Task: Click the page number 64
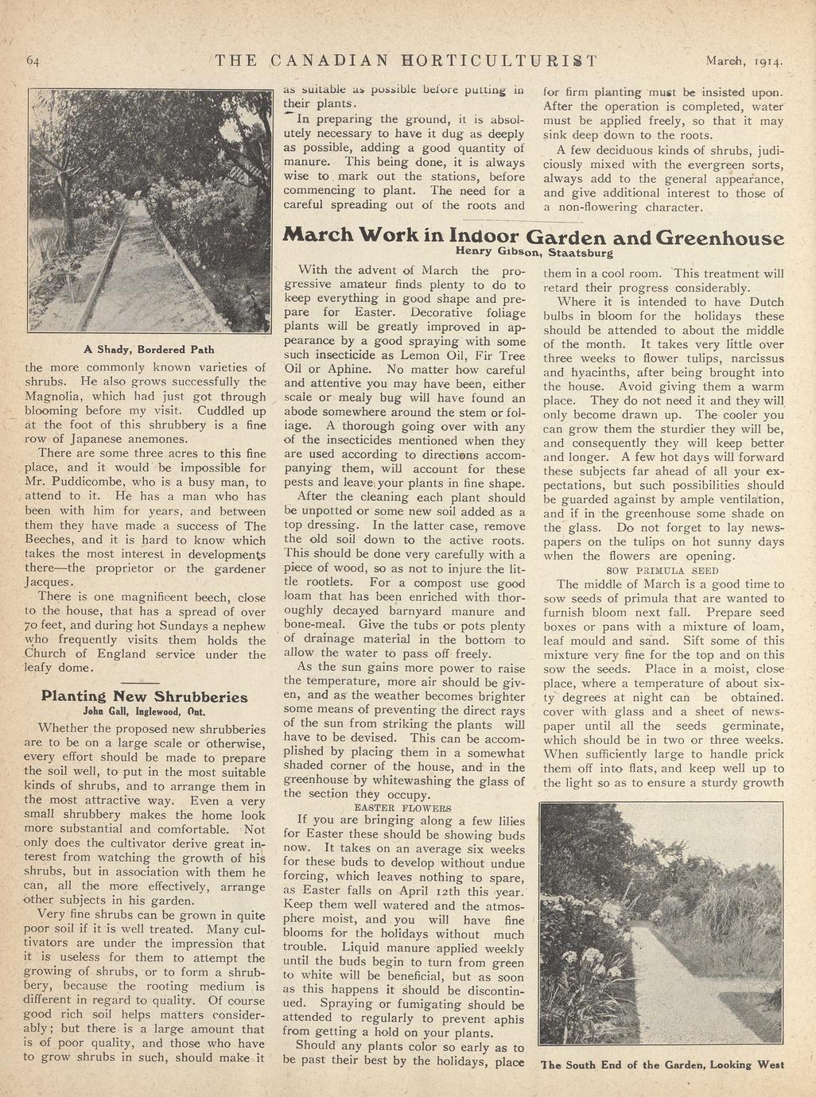(33, 60)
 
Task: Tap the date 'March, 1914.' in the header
(744, 60)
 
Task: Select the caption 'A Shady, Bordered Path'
(149, 349)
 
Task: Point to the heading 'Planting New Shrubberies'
(144, 696)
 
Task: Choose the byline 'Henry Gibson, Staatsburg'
(534, 254)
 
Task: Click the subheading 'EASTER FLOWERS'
(402, 808)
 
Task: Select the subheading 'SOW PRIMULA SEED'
(663, 570)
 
